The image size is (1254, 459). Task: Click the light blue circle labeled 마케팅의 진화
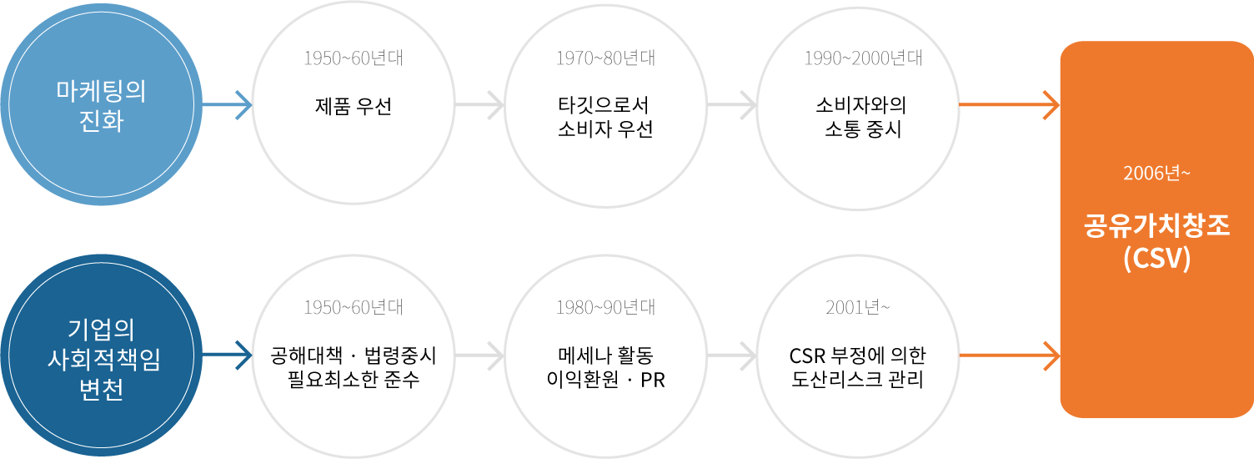pyautogui.click(x=100, y=106)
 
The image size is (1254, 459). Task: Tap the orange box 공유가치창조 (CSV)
pyautogui.click(x=1156, y=229)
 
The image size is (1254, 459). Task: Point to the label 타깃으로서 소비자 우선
pyautogui.click(x=604, y=119)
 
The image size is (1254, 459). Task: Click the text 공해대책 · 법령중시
pyautogui.click(x=354, y=357)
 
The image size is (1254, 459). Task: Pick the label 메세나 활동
pyautogui.click(x=605, y=357)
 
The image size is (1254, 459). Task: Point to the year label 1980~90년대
pyautogui.click(x=605, y=307)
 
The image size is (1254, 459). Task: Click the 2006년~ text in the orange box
pyautogui.click(x=1155, y=174)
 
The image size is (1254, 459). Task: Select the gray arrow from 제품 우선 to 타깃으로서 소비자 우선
pyautogui.click(x=480, y=106)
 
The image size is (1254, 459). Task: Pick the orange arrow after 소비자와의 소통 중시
pyautogui.click(x=1009, y=106)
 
